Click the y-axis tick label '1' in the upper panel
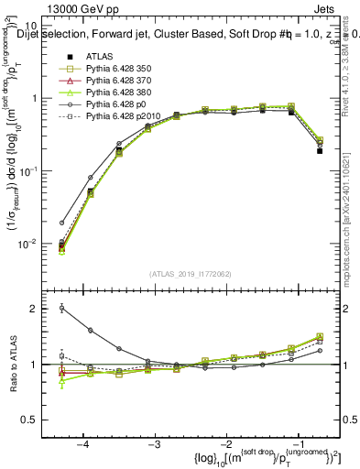point(42,98)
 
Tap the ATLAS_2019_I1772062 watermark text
point(190,274)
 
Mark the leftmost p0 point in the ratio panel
point(62,308)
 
